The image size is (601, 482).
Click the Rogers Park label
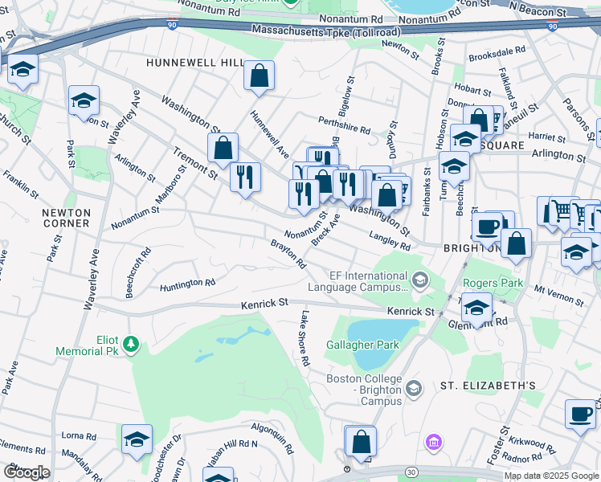(x=493, y=283)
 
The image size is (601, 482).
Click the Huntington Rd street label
(x=187, y=284)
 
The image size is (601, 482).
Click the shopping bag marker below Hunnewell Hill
(x=259, y=76)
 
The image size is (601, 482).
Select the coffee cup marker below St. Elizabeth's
(x=580, y=414)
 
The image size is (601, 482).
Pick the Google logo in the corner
(x=27, y=472)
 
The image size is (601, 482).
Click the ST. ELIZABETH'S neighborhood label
(x=488, y=386)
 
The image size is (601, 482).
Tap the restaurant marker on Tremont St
(x=245, y=176)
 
